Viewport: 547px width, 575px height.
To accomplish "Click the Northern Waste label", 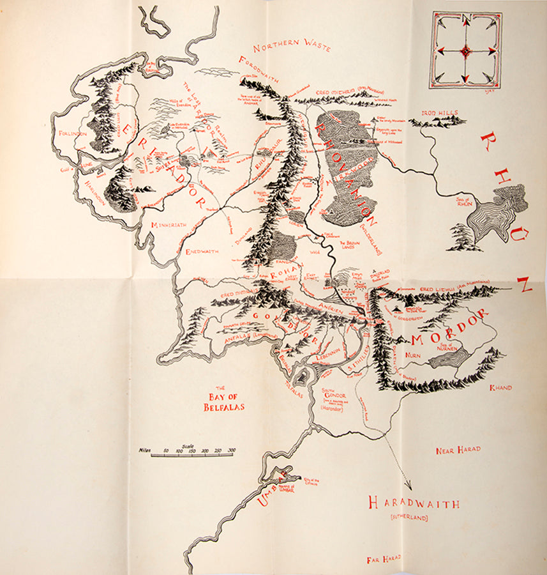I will pyautogui.click(x=291, y=47).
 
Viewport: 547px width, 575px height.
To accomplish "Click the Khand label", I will pyautogui.click(x=500, y=387).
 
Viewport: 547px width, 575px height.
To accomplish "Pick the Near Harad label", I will pyautogui.click(x=458, y=450).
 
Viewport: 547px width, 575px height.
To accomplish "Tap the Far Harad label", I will pyautogui.click(x=384, y=559).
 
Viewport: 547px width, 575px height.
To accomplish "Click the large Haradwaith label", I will pyautogui.click(x=413, y=503).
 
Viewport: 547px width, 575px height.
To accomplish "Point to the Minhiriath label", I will pyautogui.click(x=168, y=226).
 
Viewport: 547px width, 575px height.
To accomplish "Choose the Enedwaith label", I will pyautogui.click(x=202, y=252).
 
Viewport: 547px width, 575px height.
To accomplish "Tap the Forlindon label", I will pyautogui.click(x=71, y=134).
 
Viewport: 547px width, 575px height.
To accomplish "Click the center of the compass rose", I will pyautogui.click(x=466, y=50).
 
